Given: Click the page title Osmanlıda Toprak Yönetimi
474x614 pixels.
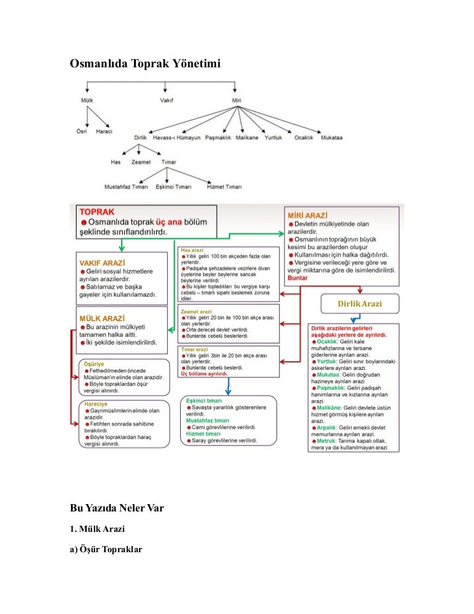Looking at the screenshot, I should pos(144,64).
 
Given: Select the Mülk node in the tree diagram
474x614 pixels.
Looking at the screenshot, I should pos(86,100).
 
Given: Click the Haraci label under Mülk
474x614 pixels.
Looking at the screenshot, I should pos(104,132).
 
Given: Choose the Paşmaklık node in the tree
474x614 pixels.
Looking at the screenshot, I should pos(217,138).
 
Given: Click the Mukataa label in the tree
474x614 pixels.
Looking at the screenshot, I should pos(331,138).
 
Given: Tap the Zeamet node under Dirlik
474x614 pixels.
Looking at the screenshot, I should pos(141,162).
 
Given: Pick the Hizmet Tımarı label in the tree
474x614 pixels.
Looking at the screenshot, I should pos(224,187).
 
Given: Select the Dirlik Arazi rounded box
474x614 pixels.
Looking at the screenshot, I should pos(360,304).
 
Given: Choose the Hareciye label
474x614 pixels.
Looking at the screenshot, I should pos(96,404).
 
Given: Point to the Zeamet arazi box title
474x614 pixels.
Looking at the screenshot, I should pos(196,312).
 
